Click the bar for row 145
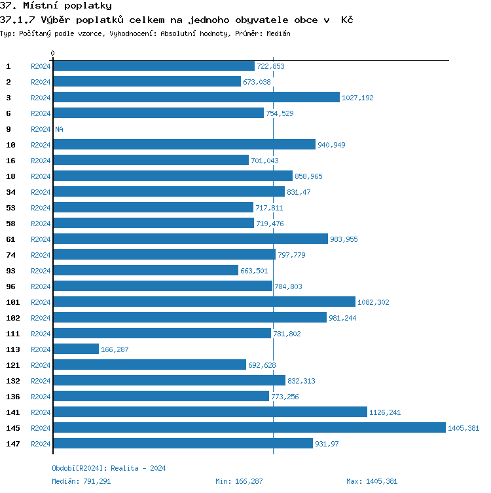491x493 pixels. (x=249, y=428)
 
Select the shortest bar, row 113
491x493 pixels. (x=76, y=349)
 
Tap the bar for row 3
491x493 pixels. (x=196, y=98)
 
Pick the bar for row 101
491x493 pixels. (x=204, y=302)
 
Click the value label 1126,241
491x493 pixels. (x=385, y=412)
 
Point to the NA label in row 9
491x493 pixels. (x=59, y=129)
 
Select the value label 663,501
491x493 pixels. (x=254, y=271)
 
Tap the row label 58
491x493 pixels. (x=10, y=224)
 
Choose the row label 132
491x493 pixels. (x=13, y=381)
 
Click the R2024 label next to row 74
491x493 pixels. (x=41, y=255)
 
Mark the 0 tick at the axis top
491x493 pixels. (x=53, y=53)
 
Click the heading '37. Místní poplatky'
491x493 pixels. (x=56, y=6)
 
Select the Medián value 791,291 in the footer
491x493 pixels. (x=95, y=481)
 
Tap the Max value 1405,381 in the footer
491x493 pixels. (x=381, y=481)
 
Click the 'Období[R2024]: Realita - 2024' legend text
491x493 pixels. (x=109, y=468)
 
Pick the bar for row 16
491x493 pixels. (x=151, y=161)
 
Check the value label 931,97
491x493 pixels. (x=327, y=444)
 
